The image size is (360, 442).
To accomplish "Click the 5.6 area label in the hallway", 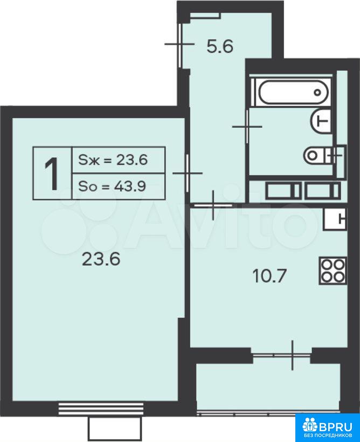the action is click(x=220, y=46).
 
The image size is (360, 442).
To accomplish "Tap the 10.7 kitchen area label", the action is click(x=269, y=275).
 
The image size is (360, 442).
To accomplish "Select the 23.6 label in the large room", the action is click(x=101, y=259).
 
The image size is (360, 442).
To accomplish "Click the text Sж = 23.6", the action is click(x=113, y=160).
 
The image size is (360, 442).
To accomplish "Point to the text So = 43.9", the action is click(x=112, y=186).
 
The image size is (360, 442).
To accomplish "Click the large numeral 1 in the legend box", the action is click(x=52, y=174).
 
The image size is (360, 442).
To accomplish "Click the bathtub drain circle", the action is click(x=317, y=92).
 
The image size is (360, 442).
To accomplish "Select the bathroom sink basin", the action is click(x=321, y=121).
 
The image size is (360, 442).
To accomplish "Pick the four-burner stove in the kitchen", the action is click(x=333, y=271).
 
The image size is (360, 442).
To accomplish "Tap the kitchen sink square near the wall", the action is click(x=335, y=219).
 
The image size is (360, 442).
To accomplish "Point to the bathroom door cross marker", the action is click(x=247, y=127).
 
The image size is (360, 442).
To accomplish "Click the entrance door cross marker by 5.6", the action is click(x=179, y=44).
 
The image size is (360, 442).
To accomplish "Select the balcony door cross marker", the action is click(x=292, y=355).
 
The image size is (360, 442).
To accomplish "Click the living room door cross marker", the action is click(x=188, y=173).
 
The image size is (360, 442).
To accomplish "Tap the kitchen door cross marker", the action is click(x=213, y=205).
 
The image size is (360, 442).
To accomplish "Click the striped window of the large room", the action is click(x=101, y=409).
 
